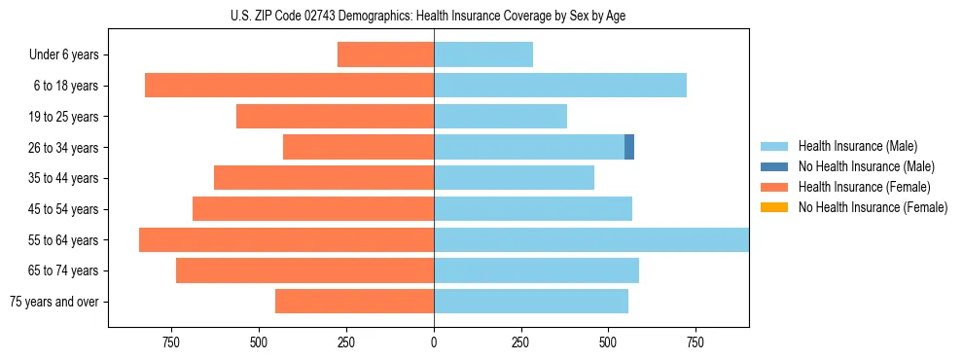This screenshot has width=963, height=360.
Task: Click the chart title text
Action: coord(428,16)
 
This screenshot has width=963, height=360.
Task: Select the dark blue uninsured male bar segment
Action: coord(629,147)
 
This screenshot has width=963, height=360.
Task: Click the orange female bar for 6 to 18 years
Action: coord(289,86)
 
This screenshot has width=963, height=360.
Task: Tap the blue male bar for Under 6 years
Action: coord(483,54)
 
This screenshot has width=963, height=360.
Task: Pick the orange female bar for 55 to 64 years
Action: coord(286,239)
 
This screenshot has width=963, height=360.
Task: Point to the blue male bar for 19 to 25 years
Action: coord(500,117)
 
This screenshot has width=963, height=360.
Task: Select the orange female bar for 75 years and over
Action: coord(354,302)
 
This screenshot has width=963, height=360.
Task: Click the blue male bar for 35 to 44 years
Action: coord(514,178)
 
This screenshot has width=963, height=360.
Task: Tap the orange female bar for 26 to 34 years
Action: coord(358,147)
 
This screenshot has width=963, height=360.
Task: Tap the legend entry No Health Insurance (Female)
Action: coord(873,207)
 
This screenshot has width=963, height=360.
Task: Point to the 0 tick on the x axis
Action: coord(434,342)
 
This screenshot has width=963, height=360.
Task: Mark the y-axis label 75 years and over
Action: coord(53,302)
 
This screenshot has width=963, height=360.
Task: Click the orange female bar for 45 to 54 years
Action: coord(313,209)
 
